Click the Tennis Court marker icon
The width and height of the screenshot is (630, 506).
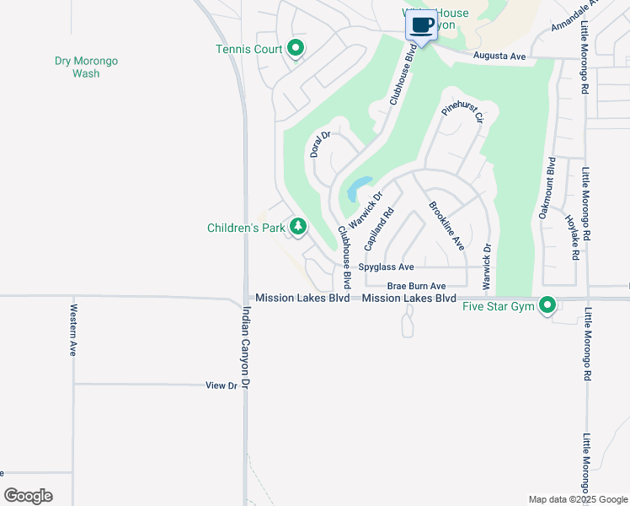click(295, 49)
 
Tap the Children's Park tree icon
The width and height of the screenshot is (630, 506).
click(298, 227)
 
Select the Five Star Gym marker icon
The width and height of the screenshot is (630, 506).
click(547, 305)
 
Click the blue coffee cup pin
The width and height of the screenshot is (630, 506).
click(422, 25)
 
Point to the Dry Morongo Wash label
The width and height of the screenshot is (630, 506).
click(86, 67)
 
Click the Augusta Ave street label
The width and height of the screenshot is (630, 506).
click(499, 56)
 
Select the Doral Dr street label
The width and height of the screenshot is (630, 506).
click(319, 144)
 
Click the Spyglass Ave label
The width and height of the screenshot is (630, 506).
click(385, 266)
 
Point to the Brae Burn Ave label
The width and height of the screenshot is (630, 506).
click(416, 286)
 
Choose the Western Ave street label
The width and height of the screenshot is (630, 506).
click(73, 330)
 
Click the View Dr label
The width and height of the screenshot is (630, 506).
click(222, 385)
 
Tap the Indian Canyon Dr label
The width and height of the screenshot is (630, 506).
click(246, 347)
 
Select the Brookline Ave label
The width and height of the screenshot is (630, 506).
click(446, 225)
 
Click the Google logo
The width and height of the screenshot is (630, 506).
click(28, 496)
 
